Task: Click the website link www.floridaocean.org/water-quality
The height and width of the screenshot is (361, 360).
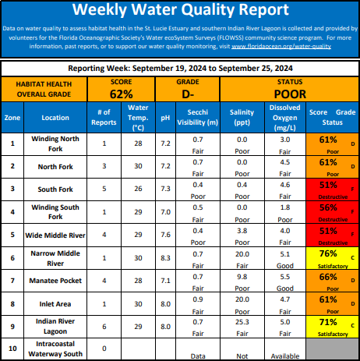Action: coord(281,47)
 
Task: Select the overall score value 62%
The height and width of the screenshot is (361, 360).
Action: coord(122,94)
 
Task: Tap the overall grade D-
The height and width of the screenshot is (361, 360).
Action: coord(188,94)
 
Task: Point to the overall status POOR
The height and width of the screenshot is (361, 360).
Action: coord(290,94)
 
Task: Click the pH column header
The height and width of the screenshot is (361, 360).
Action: coord(165,118)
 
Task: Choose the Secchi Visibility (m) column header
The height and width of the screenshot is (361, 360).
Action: coord(198,117)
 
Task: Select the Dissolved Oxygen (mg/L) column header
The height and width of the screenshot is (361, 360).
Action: coord(285,118)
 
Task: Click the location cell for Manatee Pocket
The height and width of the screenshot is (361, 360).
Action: coord(55,281)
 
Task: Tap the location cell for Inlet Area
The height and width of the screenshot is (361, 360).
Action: coord(55,304)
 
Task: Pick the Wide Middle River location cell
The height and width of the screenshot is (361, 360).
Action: coord(55,235)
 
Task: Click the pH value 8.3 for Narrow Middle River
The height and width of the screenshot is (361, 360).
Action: coord(165,258)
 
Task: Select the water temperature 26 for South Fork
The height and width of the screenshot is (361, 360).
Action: coord(138,189)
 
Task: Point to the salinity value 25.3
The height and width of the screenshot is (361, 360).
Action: coord(242,322)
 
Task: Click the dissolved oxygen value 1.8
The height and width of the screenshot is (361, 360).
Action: coord(285,207)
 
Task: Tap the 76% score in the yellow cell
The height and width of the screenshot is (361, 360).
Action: coord(328,253)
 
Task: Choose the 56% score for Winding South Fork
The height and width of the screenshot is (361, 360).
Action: coord(328,207)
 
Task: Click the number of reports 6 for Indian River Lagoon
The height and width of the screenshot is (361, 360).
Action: coord(104,327)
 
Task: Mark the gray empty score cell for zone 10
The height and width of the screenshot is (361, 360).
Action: coord(333,349)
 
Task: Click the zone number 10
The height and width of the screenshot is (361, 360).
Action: coord(12,349)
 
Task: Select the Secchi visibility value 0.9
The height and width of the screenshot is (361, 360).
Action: coord(198,299)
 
